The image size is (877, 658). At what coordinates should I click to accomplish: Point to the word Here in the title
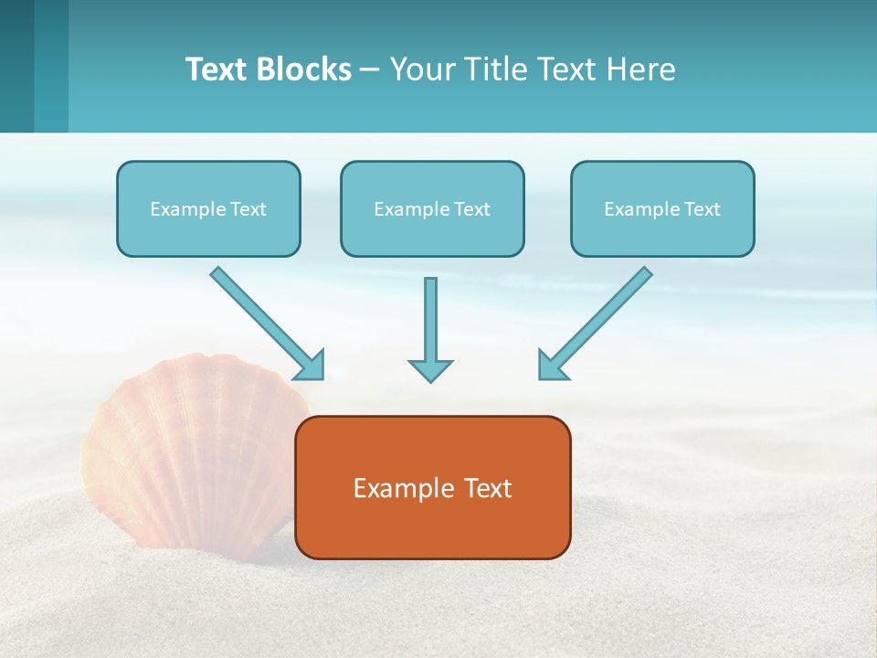642,69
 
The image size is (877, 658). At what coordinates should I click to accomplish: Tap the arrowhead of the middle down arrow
430,369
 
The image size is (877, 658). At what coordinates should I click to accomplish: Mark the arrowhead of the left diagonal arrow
312,366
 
